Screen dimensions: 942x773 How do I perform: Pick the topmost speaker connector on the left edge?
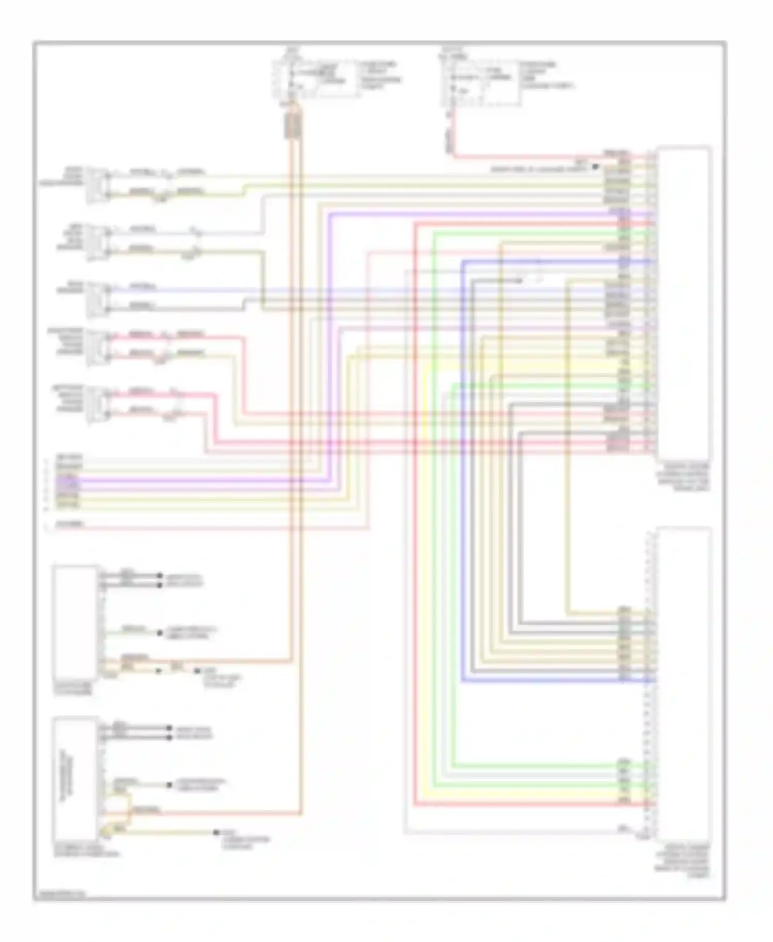96,184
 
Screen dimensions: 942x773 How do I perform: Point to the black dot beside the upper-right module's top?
595,167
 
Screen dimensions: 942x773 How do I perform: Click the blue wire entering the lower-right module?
557,681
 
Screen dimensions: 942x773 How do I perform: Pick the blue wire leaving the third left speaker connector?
206,289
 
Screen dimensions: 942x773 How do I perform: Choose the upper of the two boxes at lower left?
75,621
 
